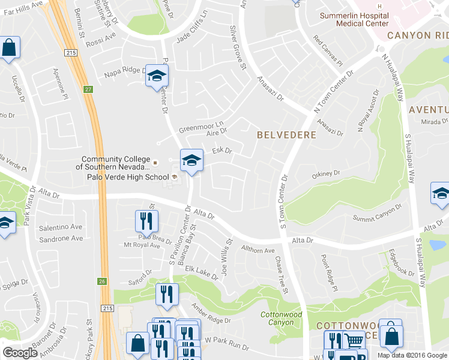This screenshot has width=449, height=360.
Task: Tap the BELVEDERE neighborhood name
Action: (286, 135)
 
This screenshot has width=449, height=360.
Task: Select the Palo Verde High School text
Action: (133, 176)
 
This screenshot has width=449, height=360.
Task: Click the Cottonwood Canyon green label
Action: (281, 319)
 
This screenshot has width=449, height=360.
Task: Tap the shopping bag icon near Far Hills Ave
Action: (10, 47)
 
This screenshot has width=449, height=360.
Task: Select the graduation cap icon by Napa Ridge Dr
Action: (157, 76)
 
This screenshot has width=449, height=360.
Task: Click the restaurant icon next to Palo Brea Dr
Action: (146, 221)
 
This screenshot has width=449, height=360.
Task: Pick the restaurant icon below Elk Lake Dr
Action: (167, 295)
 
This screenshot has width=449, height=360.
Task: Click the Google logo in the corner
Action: (20, 353)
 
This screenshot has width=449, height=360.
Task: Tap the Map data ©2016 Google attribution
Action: (412, 355)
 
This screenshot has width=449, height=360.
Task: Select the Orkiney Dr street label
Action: (326, 174)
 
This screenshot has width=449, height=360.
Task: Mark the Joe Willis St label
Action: (227, 257)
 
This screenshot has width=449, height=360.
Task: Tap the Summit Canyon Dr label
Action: (376, 212)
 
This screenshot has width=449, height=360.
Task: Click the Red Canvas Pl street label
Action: (328, 51)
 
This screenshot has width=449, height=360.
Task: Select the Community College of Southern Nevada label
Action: (115, 163)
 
